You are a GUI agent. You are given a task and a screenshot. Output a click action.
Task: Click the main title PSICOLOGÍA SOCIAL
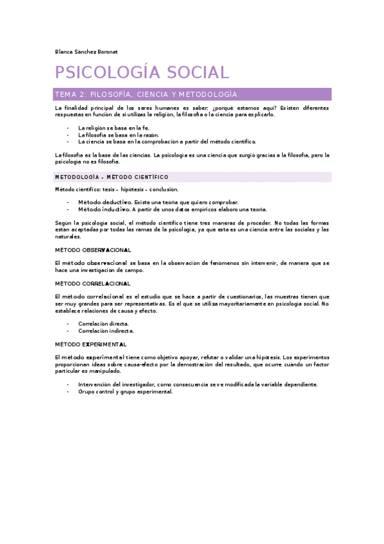tap(142, 72)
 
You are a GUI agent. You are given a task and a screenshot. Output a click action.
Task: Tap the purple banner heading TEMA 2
tap(146, 94)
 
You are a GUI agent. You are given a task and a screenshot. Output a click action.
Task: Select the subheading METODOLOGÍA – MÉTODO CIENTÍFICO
tap(112, 176)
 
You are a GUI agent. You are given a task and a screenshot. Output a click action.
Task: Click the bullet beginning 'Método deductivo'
tap(158, 202)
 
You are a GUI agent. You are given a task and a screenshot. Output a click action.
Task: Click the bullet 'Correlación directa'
tap(103, 324)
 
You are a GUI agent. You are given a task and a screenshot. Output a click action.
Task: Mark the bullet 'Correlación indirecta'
tap(106, 331)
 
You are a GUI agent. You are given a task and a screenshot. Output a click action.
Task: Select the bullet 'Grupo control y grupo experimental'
tap(125, 391)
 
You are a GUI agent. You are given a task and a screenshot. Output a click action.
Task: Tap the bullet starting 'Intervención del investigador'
tap(197, 384)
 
